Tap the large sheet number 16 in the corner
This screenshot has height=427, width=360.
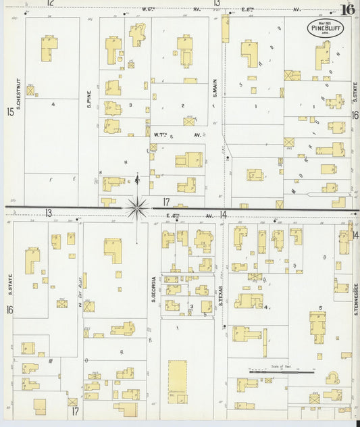coord(348,9)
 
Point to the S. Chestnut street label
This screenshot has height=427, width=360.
coord(20,95)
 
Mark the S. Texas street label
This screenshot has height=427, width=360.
coord(221,295)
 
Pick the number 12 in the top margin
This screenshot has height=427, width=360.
coord(49,3)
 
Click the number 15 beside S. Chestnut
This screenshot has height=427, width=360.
coord(9,111)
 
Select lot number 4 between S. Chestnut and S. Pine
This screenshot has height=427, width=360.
coord(52,104)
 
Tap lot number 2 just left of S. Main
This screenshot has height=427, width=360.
coord(182,105)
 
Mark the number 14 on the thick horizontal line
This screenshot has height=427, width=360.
coord(222,214)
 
